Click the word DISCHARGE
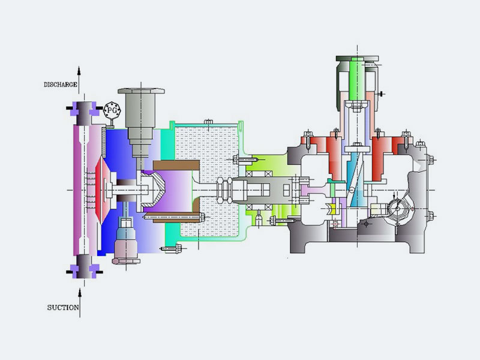pyautogui.click(x=61, y=85)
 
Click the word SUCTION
pyautogui.click(x=63, y=308)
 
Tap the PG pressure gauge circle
pyautogui.click(x=112, y=110)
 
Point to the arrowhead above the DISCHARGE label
pyautogui.click(x=79, y=71)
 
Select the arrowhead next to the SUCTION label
pyautogui.click(x=80, y=293)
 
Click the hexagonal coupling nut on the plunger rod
pyautogui.click(x=224, y=190)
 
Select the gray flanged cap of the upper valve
pyautogui.click(x=141, y=91)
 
